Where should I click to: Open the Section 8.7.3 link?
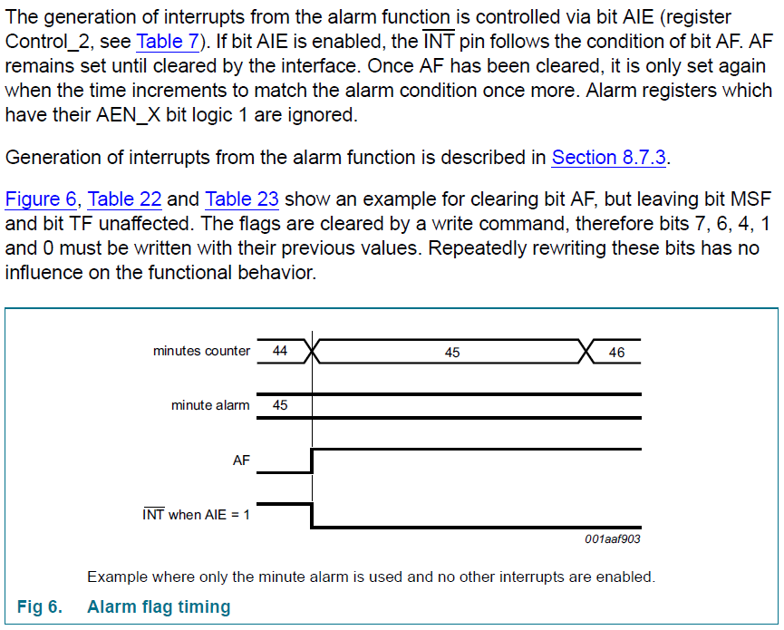(x=609, y=157)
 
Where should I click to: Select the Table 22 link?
(x=124, y=199)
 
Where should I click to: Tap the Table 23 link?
(x=242, y=199)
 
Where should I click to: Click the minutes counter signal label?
(x=201, y=351)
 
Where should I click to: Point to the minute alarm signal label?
(x=210, y=405)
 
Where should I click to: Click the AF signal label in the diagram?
(x=241, y=460)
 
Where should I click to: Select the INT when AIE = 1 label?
(x=196, y=515)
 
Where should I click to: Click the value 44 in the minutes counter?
(x=280, y=351)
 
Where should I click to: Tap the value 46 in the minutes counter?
(x=616, y=352)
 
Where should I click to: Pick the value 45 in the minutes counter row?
(x=452, y=352)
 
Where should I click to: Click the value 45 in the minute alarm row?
(x=280, y=405)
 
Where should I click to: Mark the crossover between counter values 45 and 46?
(x=587, y=351)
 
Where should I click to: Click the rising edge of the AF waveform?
(x=312, y=460)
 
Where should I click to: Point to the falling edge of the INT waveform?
(x=312, y=516)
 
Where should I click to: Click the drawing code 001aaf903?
(x=613, y=538)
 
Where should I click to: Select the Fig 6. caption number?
(x=40, y=606)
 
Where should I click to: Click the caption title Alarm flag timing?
(x=159, y=606)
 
